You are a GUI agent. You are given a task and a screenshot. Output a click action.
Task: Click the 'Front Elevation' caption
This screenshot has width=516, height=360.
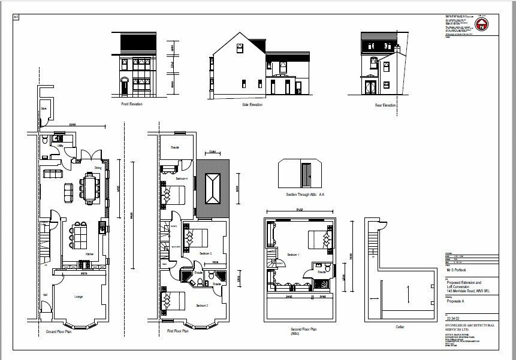132,104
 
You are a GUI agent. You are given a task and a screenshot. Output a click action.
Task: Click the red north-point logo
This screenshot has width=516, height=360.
481,25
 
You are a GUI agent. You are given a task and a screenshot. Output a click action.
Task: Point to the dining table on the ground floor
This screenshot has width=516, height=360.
90,186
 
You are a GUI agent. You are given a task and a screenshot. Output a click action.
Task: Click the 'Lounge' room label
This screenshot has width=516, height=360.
78,297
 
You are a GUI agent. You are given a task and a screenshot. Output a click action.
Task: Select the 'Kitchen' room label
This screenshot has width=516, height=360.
89,254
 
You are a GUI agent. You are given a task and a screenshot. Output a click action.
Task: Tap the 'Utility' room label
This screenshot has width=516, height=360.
61,146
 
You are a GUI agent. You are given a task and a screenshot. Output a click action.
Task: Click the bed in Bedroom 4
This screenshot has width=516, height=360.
174,195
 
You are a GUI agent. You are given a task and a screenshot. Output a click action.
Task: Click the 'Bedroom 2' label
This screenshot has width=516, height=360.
201,305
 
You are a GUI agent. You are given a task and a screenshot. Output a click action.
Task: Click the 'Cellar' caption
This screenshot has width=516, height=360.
400,326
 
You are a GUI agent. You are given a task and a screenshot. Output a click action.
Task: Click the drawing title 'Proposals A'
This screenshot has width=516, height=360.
458,302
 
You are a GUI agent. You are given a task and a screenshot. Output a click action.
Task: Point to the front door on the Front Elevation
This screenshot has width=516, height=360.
124,87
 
